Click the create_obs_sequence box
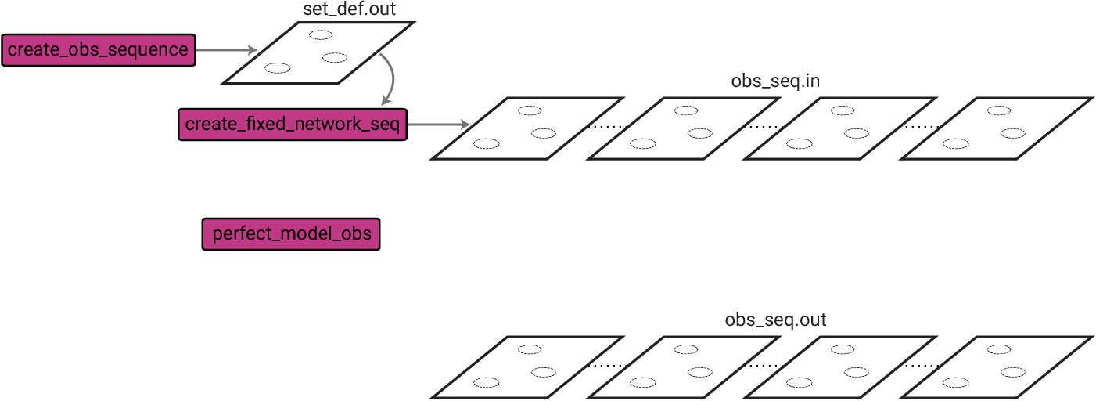click(x=98, y=50)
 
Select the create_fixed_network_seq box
click(x=293, y=125)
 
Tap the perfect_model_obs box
click(x=291, y=234)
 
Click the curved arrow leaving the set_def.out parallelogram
click(x=390, y=78)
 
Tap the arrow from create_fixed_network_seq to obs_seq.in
click(x=438, y=125)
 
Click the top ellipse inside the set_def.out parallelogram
click(x=320, y=34)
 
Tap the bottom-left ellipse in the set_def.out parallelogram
click(x=277, y=67)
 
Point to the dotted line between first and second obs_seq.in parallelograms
click(x=607, y=127)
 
